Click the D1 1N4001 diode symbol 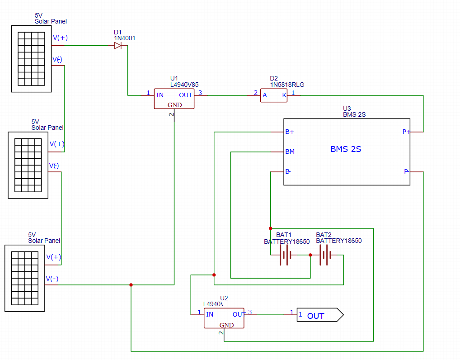tap(118, 46)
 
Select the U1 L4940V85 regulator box tap(174, 98)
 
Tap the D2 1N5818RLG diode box tap(273, 95)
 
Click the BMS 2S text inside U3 tap(346, 149)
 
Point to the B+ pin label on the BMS tap(290, 132)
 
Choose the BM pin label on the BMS tap(290, 152)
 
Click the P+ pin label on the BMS tap(407, 132)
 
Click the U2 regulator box tap(224, 318)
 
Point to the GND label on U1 tap(174, 105)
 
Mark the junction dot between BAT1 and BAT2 tap(310, 255)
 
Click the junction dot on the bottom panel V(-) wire tap(131, 285)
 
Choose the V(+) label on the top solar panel tap(60, 38)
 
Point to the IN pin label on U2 tap(210, 314)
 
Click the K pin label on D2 tap(284, 95)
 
